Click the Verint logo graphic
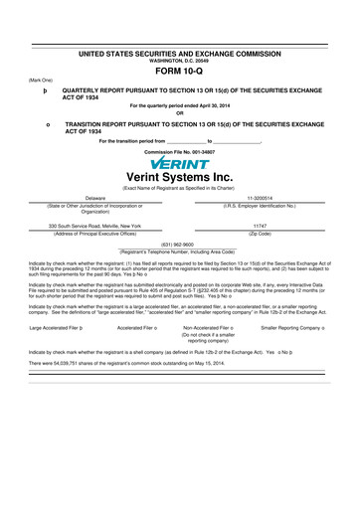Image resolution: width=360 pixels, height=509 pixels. tap(180, 162)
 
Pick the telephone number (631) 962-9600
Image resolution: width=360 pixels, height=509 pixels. tap(180, 245)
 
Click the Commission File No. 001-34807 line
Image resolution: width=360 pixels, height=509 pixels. tap(180, 151)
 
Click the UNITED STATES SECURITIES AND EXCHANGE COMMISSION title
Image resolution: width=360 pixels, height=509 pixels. tap(180, 51)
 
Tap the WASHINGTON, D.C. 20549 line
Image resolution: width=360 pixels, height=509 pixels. tap(180, 59)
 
